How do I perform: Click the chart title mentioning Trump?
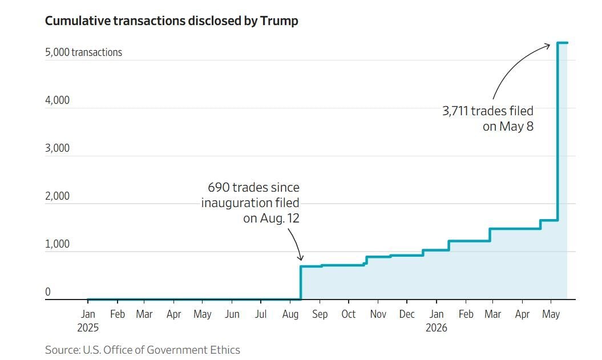[x=171, y=21]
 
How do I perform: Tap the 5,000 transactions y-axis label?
[x=84, y=52]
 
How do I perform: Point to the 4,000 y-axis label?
[x=57, y=100]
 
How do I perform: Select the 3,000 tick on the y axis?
[x=57, y=148]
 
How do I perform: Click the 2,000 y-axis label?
[x=57, y=196]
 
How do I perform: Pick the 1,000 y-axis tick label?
[x=57, y=244]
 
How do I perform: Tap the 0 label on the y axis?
[x=47, y=292]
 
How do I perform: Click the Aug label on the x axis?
[x=290, y=314]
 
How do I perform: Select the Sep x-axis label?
[x=320, y=314]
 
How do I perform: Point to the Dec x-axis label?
[x=407, y=314]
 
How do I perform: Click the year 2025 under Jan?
[x=88, y=327]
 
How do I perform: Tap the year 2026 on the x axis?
[x=437, y=327]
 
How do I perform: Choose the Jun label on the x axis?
[x=232, y=314]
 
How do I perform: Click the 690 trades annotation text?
[x=251, y=203]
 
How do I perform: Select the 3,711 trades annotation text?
[x=488, y=119]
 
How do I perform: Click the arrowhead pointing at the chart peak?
[x=547, y=46]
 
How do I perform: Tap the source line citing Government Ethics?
[x=143, y=350]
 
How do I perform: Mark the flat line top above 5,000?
[x=563, y=43]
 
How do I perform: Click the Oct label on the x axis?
[x=349, y=314]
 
